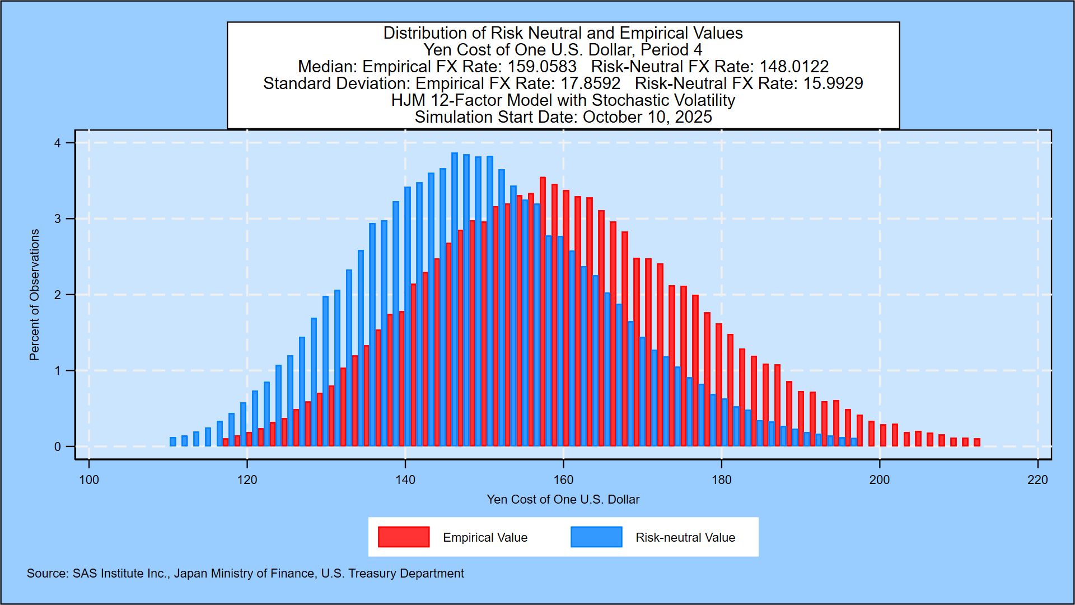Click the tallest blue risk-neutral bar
(455, 300)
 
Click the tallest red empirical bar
(543, 311)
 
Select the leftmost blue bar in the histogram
(173, 441)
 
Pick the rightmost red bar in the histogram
(977, 442)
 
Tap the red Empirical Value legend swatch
(404, 537)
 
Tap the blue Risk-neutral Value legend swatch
(596, 537)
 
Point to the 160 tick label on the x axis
(563, 480)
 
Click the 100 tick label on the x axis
(89, 480)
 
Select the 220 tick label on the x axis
(1037, 480)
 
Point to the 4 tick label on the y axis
(58, 143)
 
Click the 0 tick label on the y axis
(58, 447)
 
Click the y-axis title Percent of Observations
(35, 295)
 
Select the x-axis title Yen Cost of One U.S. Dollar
(563, 499)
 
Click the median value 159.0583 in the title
(542, 67)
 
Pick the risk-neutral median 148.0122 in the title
(794, 67)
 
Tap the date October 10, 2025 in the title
(647, 117)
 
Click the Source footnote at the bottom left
(245, 574)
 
